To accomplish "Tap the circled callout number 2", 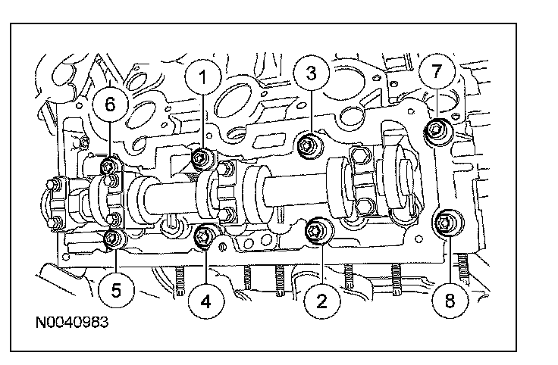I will [x=321, y=302].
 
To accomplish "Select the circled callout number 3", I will [x=310, y=73].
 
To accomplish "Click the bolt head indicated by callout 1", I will [x=201, y=158].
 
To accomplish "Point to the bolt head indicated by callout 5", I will [x=114, y=240].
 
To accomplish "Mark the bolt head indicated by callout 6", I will [x=111, y=166].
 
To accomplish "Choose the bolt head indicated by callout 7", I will [x=437, y=130].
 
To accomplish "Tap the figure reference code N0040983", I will [x=71, y=323].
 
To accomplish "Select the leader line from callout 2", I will [x=319, y=261].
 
